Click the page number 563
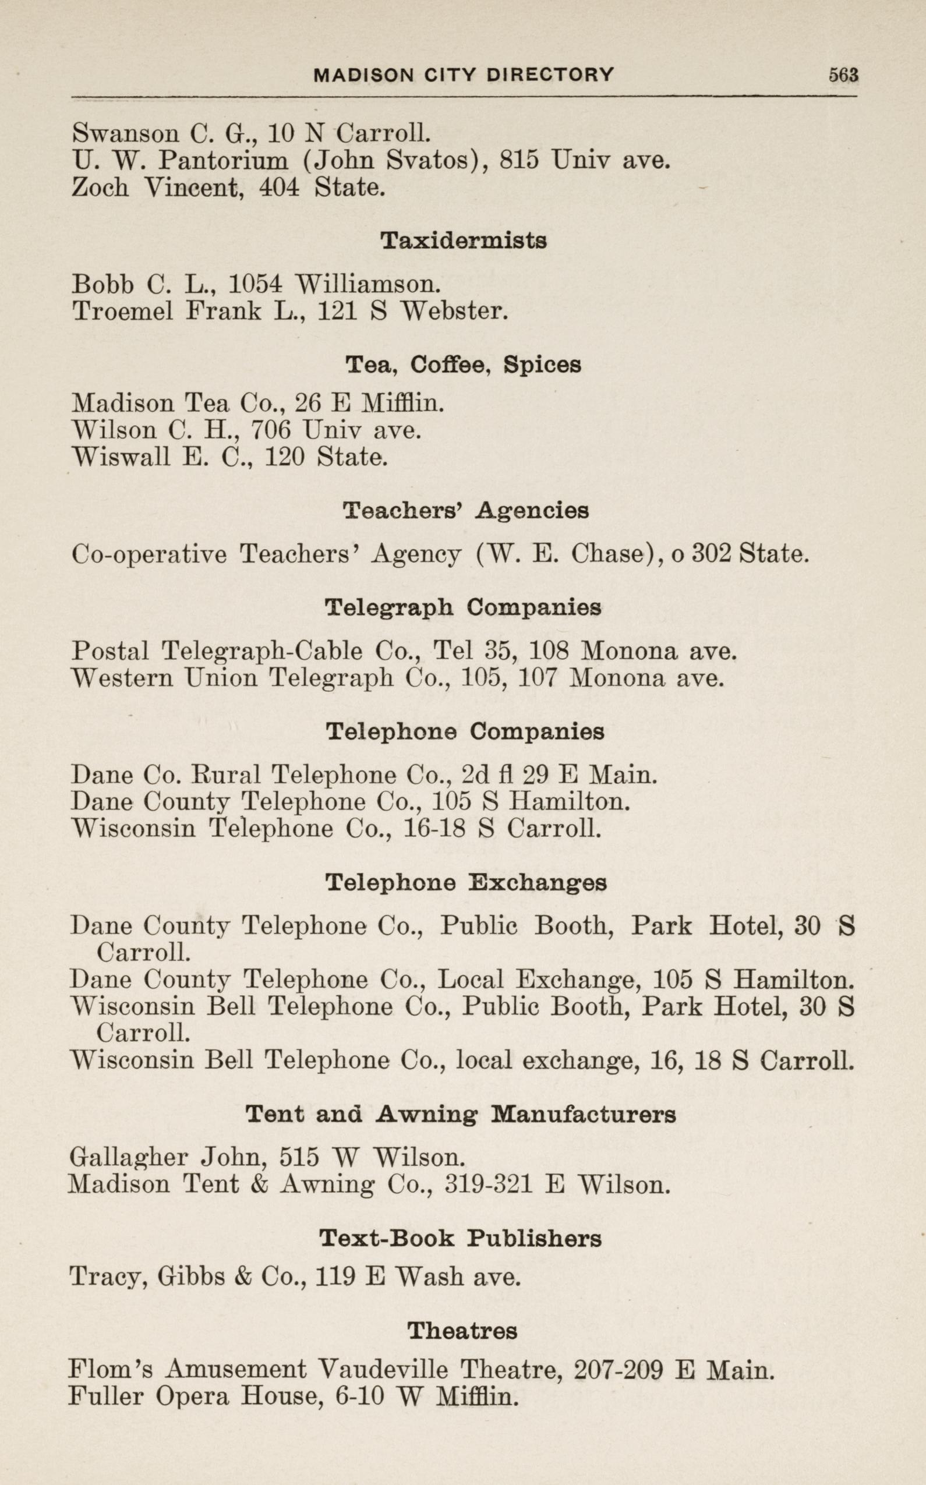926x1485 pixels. click(843, 75)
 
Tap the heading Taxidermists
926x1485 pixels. click(463, 241)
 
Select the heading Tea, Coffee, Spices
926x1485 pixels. click(463, 365)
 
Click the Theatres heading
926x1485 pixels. click(462, 1331)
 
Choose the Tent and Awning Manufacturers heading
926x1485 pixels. click(461, 1115)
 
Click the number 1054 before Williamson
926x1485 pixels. click(256, 284)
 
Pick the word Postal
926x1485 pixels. click(110, 651)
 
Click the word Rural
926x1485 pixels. click(227, 775)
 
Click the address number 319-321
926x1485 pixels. click(487, 1185)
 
